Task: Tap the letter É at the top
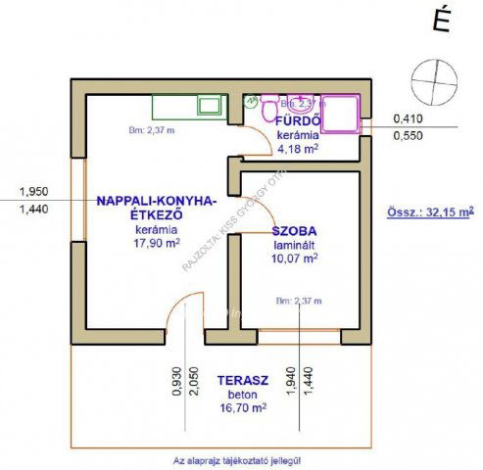442,23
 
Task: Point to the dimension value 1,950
33,192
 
